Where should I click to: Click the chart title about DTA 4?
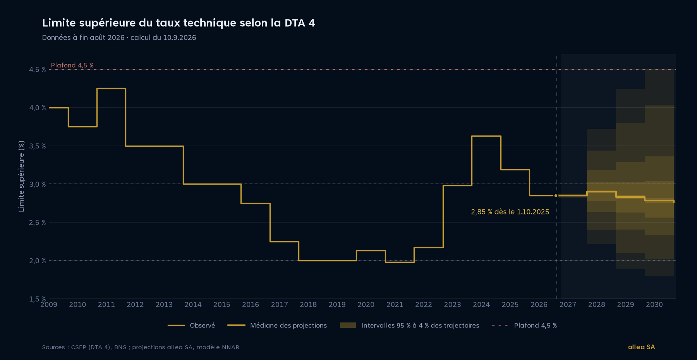[179, 23]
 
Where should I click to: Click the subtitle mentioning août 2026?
[119, 38]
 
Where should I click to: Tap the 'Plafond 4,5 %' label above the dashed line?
[72, 65]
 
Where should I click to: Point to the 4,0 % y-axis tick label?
[38, 108]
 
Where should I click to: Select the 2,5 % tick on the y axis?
[38, 222]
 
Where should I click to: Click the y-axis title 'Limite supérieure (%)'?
[21, 176]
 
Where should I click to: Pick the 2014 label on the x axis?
[193, 305]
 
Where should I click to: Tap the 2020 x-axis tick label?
[366, 305]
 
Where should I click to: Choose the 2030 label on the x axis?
[654, 305]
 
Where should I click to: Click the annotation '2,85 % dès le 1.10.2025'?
[510, 212]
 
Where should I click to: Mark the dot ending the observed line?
[556, 196]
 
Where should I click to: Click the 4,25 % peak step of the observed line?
[111, 89]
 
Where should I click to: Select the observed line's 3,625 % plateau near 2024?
[486, 136]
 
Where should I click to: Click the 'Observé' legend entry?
[191, 326]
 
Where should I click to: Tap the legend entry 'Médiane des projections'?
[277, 326]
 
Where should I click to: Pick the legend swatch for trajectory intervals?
[348, 325]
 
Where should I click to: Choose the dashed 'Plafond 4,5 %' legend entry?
[524, 326]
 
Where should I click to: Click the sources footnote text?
[141, 347]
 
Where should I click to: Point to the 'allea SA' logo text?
[641, 347]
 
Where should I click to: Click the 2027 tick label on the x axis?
[568, 305]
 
